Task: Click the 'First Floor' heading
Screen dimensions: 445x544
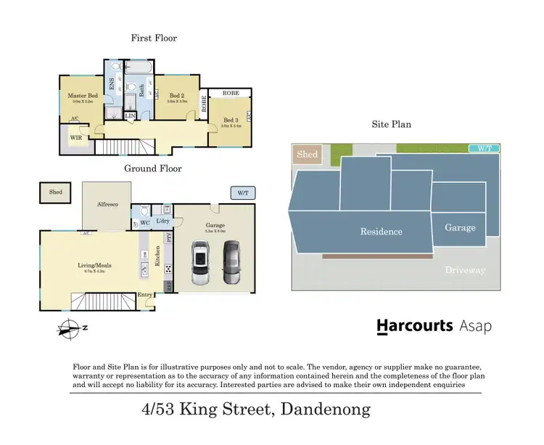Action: [153, 38]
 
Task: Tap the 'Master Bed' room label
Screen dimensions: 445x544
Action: [83, 96]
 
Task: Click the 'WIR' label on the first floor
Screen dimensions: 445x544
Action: [75, 136]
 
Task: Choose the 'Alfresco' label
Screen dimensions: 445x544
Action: [106, 205]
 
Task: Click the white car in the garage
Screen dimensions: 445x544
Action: [200, 262]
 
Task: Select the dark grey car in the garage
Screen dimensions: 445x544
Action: [231, 262]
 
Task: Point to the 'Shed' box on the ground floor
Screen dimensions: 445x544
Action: [55, 192]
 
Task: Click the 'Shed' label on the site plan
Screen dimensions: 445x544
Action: [308, 155]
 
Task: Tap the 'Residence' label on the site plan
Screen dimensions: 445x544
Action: [382, 232]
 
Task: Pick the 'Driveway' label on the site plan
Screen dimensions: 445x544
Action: [465, 270]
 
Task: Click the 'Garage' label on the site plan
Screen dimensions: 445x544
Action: [460, 227]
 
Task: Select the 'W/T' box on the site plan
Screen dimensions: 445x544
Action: [484, 148]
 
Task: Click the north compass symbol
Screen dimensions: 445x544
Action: [70, 327]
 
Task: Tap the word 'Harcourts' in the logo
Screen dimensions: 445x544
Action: [414, 327]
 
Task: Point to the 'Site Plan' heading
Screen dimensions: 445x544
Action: [392, 124]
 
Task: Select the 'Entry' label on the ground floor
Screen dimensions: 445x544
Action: [146, 294]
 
